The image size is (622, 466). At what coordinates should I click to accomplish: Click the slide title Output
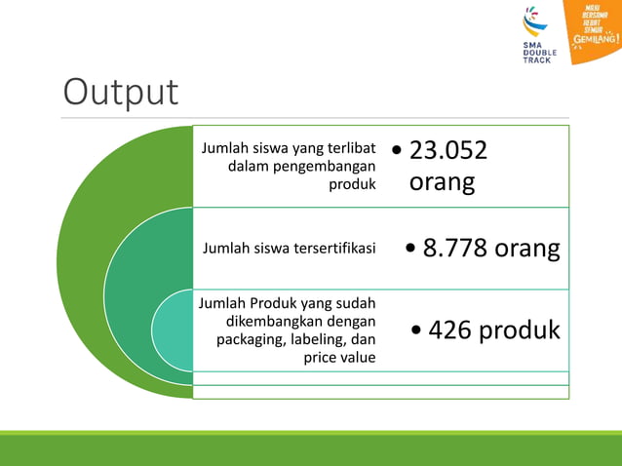pyautogui.click(x=121, y=92)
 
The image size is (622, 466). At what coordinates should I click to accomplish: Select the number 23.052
pyautogui.click(x=447, y=150)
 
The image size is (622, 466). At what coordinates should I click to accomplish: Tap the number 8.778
pyautogui.click(x=455, y=249)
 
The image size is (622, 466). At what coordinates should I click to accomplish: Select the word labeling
pyautogui.click(x=317, y=339)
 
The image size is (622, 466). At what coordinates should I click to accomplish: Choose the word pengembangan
pyautogui.click(x=328, y=166)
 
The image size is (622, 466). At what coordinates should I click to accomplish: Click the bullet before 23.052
pyautogui.click(x=397, y=151)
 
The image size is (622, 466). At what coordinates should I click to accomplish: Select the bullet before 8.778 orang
pyautogui.click(x=410, y=250)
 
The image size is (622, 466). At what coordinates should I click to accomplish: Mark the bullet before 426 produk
pyautogui.click(x=417, y=331)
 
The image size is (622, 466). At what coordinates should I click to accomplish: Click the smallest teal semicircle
pyautogui.click(x=172, y=330)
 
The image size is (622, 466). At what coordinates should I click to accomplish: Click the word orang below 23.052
pyautogui.click(x=442, y=182)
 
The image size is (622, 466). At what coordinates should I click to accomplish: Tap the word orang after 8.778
pyautogui.click(x=526, y=249)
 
